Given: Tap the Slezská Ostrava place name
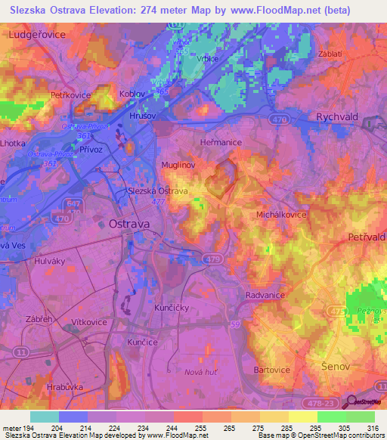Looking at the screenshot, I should click(x=157, y=191).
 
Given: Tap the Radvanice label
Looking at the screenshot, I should click(x=265, y=296).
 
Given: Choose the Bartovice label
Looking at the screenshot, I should click(x=272, y=370).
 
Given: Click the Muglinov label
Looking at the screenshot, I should click(x=179, y=164).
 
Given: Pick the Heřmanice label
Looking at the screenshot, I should click(x=220, y=142).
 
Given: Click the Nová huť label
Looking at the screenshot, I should click(x=201, y=372).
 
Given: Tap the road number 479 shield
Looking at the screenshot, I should click(x=212, y=260).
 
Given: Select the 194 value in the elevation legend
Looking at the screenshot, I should click(x=29, y=427).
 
